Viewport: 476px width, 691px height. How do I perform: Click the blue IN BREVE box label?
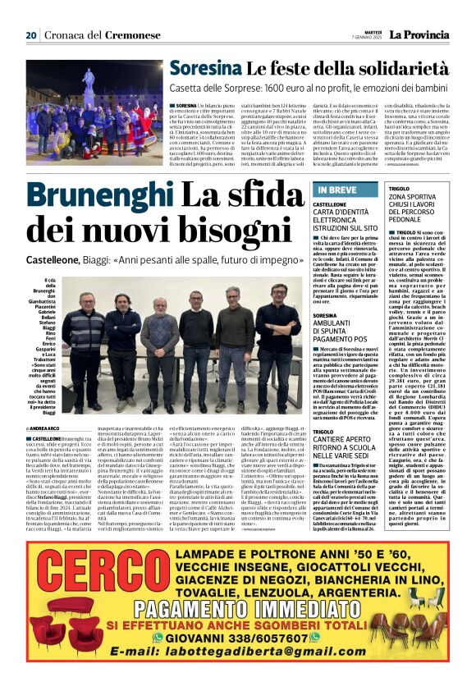(x=337, y=190)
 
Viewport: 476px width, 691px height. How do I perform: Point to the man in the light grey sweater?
(x=159, y=328)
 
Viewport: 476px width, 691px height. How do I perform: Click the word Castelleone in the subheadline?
(x=59, y=259)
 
